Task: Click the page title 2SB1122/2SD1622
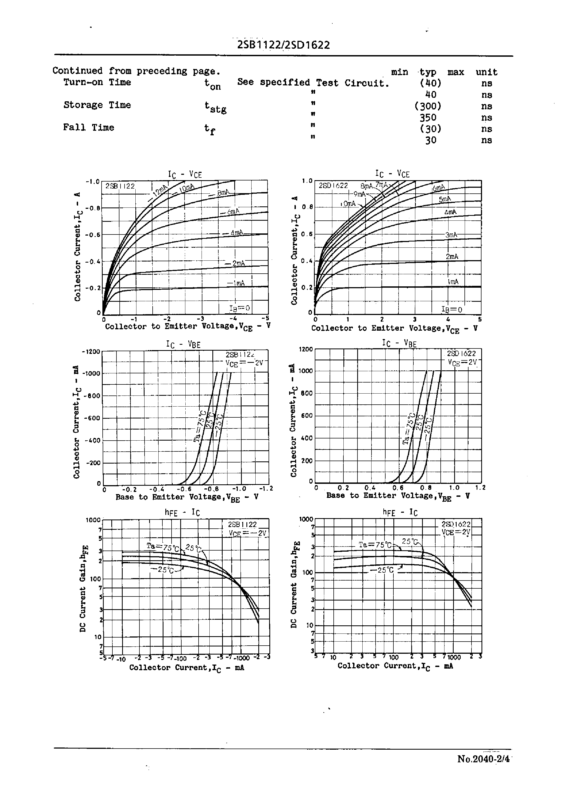(x=283, y=45)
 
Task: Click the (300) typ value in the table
(x=428, y=106)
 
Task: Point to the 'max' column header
(x=456, y=72)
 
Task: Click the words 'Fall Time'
(x=89, y=128)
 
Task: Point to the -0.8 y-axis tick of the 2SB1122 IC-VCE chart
(x=92, y=208)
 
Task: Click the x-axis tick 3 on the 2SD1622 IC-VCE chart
(x=414, y=319)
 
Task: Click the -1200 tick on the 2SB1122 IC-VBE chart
(x=91, y=351)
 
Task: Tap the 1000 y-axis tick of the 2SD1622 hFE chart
(x=306, y=519)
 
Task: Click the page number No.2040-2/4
(x=483, y=759)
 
